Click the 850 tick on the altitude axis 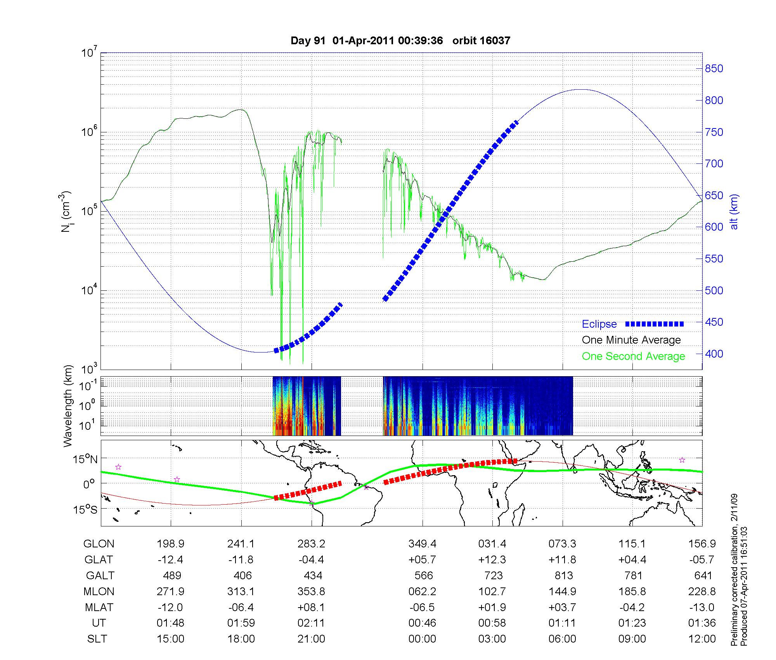click(x=714, y=69)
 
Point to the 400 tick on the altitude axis click(x=714, y=354)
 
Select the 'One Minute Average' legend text click(x=631, y=340)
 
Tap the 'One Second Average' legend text click(x=633, y=356)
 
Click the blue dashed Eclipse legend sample click(x=655, y=324)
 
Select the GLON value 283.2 click(x=311, y=544)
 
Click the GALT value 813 click(x=563, y=575)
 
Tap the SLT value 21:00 click(x=311, y=639)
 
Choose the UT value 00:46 click(x=422, y=623)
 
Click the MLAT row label click(x=99, y=607)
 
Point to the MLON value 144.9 click(x=563, y=591)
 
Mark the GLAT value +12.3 click(x=492, y=559)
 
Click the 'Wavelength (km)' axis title click(x=68, y=406)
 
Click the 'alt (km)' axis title click(x=734, y=212)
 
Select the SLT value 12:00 click(x=702, y=639)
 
